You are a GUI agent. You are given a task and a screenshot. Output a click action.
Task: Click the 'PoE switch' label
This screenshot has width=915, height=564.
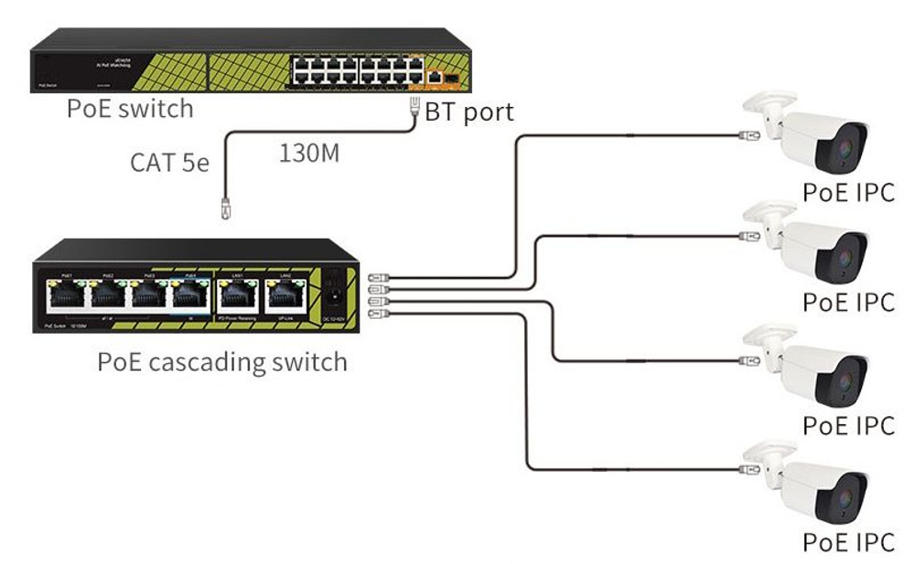(130, 109)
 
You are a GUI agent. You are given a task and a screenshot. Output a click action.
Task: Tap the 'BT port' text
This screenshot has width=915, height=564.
(469, 112)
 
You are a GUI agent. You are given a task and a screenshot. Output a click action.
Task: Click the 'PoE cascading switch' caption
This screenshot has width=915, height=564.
(222, 362)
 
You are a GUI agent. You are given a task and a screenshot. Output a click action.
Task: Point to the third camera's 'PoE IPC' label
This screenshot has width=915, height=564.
(848, 425)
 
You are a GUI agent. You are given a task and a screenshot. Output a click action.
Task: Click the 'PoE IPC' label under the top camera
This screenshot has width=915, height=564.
(848, 192)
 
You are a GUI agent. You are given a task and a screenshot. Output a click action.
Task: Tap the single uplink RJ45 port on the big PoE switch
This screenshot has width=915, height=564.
(436, 78)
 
